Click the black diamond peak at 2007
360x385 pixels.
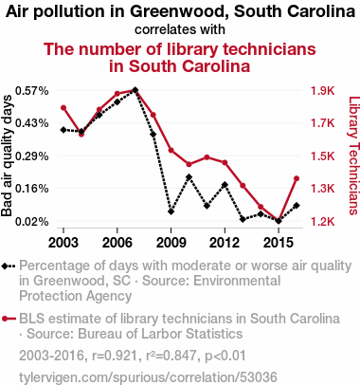(135, 90)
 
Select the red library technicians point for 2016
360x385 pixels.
(297, 178)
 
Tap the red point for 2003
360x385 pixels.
(63, 108)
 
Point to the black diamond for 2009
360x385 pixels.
(171, 211)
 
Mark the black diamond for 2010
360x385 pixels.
(189, 177)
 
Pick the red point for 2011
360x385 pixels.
(207, 157)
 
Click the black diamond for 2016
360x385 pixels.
(297, 206)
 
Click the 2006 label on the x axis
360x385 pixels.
(117, 243)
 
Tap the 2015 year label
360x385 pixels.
(279, 243)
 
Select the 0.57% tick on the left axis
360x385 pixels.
(32, 91)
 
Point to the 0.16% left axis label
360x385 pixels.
(32, 189)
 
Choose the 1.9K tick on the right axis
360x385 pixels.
(322, 91)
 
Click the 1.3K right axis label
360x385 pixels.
(322, 189)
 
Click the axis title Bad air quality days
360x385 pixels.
(7, 156)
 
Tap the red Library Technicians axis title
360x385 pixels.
(353, 156)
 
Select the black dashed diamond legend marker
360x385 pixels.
(9, 266)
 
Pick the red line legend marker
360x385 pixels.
(9, 319)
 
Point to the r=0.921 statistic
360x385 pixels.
(115, 356)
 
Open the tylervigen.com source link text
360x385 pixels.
(148, 377)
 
